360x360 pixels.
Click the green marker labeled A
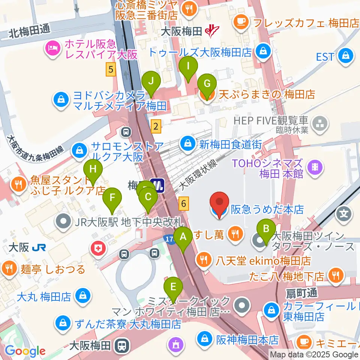tap(183, 237)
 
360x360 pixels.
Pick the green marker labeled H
tap(93, 169)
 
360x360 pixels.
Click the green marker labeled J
tap(151, 81)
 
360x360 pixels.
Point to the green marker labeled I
tap(188, 66)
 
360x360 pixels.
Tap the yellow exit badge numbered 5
tap(110, 69)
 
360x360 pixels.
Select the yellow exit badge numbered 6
tap(183, 203)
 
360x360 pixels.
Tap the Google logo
tap(25, 351)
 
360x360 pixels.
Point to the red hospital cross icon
tap(99, 249)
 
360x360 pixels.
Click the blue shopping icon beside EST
tap(343, 56)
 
